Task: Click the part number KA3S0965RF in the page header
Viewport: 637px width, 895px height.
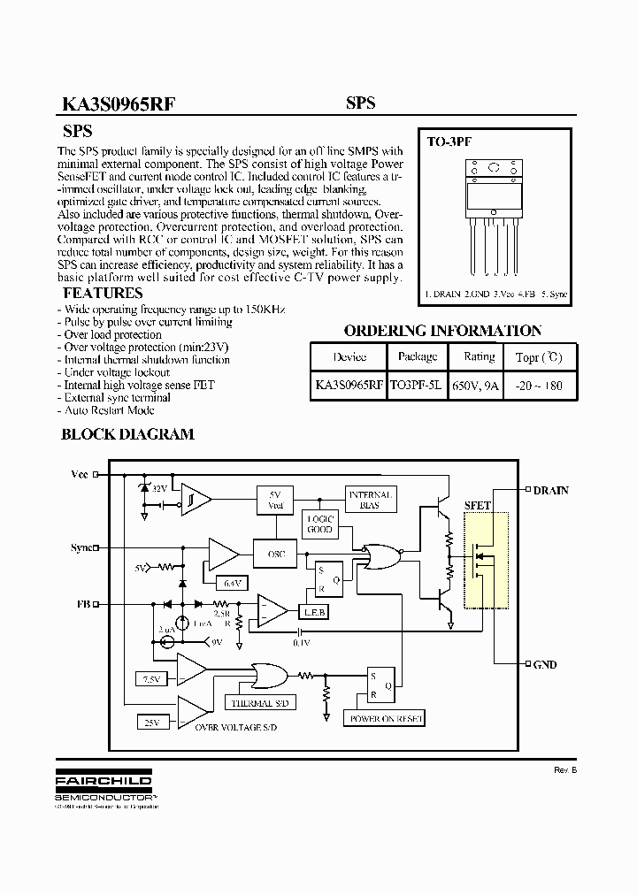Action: coord(118,103)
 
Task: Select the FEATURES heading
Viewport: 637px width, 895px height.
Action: coord(102,293)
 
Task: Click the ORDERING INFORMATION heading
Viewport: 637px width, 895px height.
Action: coord(442,331)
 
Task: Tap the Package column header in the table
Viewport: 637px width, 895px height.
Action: coord(417,356)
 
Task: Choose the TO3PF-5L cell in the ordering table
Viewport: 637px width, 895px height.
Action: coord(416,386)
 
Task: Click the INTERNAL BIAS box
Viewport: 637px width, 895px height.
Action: coord(370,499)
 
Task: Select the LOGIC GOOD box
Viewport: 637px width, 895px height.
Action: coord(319,524)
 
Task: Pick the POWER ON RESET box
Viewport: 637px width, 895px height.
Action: coord(385,719)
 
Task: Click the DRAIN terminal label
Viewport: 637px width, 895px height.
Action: coord(550,490)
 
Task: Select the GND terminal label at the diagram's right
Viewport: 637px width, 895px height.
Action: coord(545,664)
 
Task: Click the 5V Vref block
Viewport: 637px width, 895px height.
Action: coord(273,500)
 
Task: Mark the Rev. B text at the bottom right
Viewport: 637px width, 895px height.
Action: coord(565,770)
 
